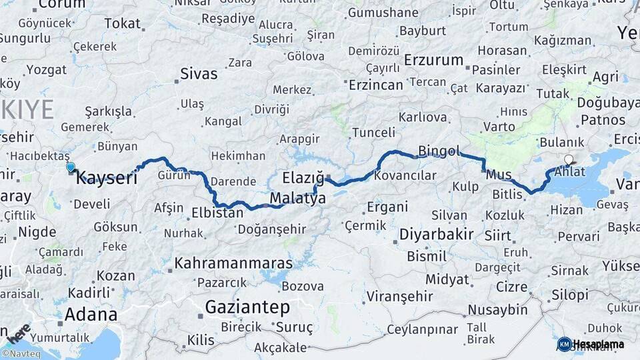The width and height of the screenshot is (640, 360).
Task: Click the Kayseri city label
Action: pos(107,178)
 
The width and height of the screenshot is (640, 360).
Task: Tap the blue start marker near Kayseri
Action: pos(71,167)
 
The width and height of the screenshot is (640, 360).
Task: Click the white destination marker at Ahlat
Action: pos(568,159)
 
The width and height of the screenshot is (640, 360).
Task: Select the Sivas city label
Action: pos(199,74)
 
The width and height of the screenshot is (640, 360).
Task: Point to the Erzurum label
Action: pos(433,60)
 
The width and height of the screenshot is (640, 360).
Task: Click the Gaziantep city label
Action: pos(247,307)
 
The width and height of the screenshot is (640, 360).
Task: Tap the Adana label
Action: pos(91,314)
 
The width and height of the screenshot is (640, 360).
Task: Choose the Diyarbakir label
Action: pos(437,234)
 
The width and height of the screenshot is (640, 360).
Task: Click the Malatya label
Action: pos(297,199)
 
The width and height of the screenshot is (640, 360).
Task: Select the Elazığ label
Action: pos(303,178)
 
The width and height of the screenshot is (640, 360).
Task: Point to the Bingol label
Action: pos(439,151)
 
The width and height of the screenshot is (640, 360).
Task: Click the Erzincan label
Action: pos(377,85)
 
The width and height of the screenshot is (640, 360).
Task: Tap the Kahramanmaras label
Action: pos(224,264)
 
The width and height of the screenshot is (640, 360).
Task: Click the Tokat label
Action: pos(123,23)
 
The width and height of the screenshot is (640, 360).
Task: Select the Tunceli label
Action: pos(374,132)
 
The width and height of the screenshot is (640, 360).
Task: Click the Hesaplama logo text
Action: pos(598,344)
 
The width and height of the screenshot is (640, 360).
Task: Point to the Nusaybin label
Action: pos(497,309)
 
